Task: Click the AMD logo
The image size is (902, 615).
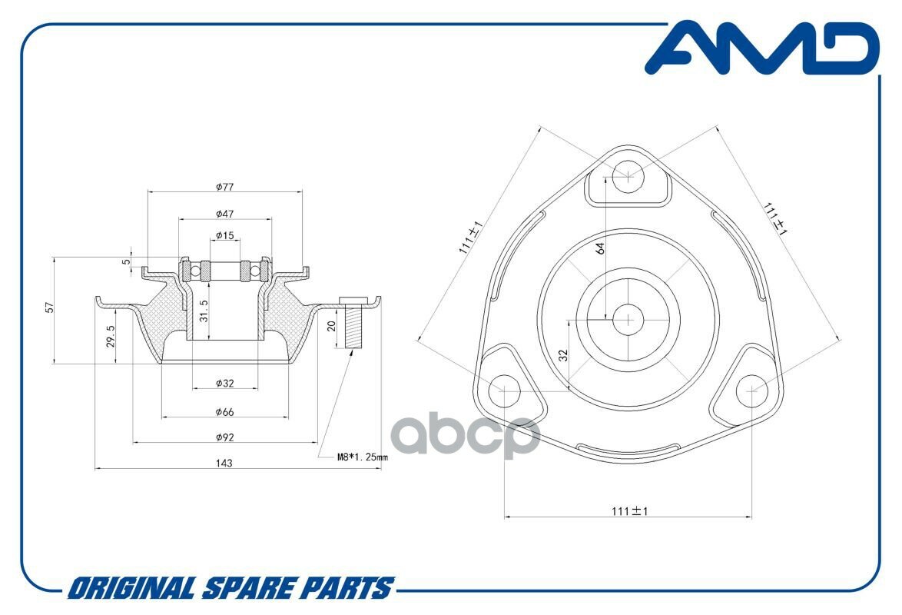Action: click(x=761, y=49)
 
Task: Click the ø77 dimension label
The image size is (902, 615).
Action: click(x=224, y=186)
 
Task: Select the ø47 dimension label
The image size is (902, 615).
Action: click(x=224, y=213)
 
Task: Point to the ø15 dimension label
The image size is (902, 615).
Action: click(x=224, y=235)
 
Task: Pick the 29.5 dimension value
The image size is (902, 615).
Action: click(x=110, y=335)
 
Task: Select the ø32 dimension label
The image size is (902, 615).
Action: click(x=224, y=382)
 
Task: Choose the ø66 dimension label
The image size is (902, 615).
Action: click(x=224, y=412)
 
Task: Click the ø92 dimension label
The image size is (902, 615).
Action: click(x=224, y=437)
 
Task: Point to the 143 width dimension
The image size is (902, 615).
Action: click(x=224, y=463)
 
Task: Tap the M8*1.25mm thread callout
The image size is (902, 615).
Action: click(x=363, y=457)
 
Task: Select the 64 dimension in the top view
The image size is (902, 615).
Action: click(x=600, y=248)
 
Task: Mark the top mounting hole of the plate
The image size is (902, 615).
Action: click(x=628, y=176)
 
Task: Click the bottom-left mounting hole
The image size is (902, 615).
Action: click(x=505, y=391)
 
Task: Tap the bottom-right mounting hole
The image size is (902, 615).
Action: click(x=751, y=391)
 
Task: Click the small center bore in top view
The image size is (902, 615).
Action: click(x=628, y=318)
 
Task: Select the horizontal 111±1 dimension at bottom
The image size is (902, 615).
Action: click(x=628, y=510)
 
